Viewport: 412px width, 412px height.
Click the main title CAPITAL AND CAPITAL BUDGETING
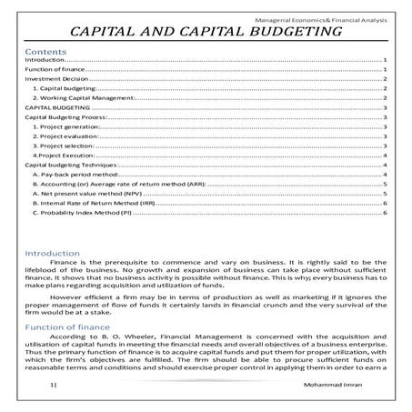(206, 33)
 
